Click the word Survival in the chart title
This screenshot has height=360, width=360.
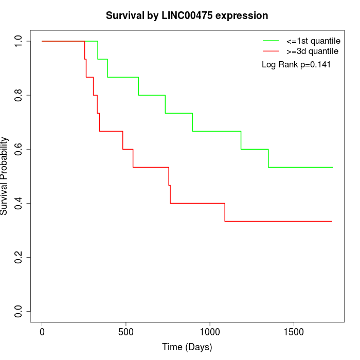[124, 16]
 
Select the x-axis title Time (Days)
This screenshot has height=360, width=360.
[187, 347]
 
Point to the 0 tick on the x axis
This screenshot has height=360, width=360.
[42, 331]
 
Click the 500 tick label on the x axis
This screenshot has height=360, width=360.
[126, 331]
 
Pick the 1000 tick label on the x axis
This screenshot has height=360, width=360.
[210, 331]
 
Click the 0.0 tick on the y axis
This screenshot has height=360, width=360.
[18, 312]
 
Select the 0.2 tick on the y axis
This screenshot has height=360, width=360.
[18, 258]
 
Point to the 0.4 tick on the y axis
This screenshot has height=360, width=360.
[18, 204]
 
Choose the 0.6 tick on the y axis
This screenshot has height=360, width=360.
[18, 150]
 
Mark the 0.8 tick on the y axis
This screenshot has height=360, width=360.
[18, 96]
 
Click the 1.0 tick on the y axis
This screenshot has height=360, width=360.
[18, 41]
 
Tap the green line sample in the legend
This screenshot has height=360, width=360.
[271, 40]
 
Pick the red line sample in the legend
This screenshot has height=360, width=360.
[271, 51]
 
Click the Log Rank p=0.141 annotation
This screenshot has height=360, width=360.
[296, 65]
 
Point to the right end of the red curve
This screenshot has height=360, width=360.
[332, 221]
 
